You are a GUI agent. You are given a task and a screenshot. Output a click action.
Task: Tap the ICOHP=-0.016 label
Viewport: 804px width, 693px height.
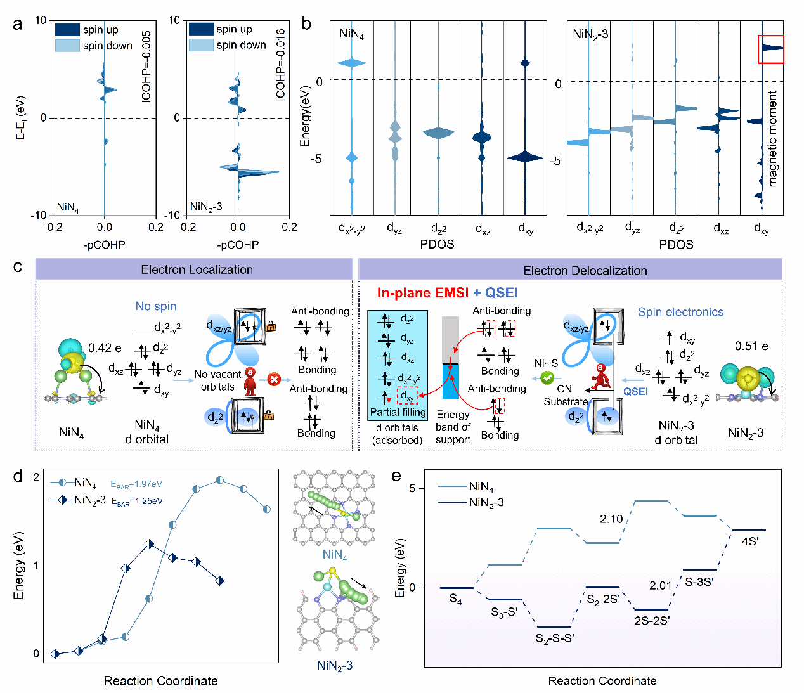(x=280, y=65)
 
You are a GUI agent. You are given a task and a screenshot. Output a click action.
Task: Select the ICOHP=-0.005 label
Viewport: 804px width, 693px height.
(x=146, y=67)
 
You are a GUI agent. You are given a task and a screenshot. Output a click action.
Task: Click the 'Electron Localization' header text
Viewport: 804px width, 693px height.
(x=197, y=269)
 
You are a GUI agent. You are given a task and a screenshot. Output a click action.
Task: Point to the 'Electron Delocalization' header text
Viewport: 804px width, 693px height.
(x=585, y=270)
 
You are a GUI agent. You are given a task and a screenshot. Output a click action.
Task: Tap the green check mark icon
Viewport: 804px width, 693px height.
(x=547, y=378)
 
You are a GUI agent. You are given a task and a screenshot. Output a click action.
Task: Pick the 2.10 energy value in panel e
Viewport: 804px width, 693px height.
(x=611, y=519)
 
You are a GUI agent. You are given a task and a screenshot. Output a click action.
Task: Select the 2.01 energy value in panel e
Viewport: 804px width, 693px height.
(x=661, y=585)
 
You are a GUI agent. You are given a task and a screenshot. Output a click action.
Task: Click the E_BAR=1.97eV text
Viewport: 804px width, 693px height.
(x=136, y=484)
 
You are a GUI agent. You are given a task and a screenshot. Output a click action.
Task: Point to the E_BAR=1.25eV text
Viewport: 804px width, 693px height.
(x=137, y=502)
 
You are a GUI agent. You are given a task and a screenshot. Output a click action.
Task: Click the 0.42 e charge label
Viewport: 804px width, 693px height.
(x=105, y=347)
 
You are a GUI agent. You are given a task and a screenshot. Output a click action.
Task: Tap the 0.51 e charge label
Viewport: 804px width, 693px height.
(x=751, y=346)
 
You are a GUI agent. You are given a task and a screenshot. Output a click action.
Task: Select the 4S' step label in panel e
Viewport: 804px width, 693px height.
(x=750, y=541)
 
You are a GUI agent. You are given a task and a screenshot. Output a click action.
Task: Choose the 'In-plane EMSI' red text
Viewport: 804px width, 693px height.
(x=423, y=293)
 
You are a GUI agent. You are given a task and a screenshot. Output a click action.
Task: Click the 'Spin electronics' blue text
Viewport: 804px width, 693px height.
(x=680, y=312)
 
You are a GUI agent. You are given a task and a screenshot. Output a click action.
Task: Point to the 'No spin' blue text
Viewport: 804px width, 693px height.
(x=155, y=306)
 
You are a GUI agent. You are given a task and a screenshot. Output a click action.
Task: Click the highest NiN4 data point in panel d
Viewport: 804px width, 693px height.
(x=220, y=480)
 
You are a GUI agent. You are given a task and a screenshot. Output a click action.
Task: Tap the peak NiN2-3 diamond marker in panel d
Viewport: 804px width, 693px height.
(x=150, y=544)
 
